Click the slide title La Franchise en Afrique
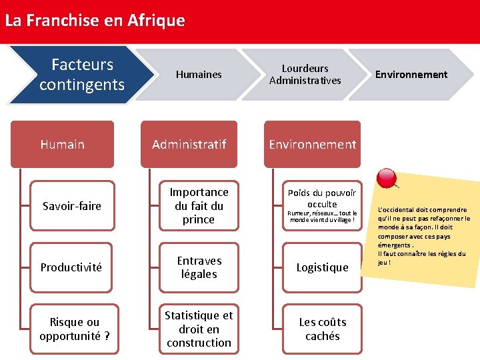click(95, 21)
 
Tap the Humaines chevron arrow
click(199, 75)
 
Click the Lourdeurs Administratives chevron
click(305, 75)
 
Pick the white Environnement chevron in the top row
click(411, 75)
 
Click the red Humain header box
click(62, 144)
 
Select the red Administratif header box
click(189, 144)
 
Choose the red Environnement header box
click(312, 144)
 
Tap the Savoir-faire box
click(72, 206)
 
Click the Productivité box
click(71, 267)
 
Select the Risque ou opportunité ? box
click(75, 329)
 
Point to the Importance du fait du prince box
click(199, 206)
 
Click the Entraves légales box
click(199, 267)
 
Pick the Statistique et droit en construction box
click(199, 329)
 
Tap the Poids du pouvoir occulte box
click(322, 198)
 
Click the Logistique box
click(322, 267)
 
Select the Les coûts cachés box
click(322, 329)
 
